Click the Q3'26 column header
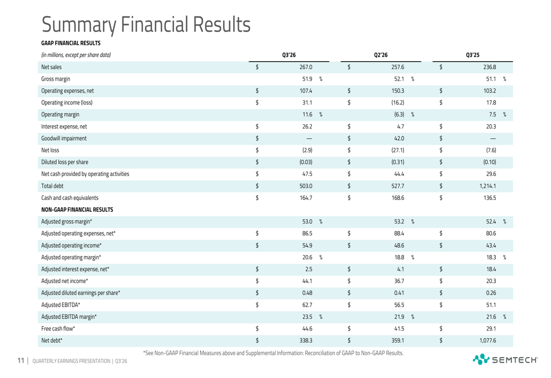tap(289, 55)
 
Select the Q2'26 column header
tap(381, 55)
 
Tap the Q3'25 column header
tap(473, 55)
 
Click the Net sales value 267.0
tap(306, 67)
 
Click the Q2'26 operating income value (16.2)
tap(397, 102)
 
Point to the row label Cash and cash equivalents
tap(71, 198)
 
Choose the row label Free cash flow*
tap(58, 329)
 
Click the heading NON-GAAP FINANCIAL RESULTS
tap(77, 210)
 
